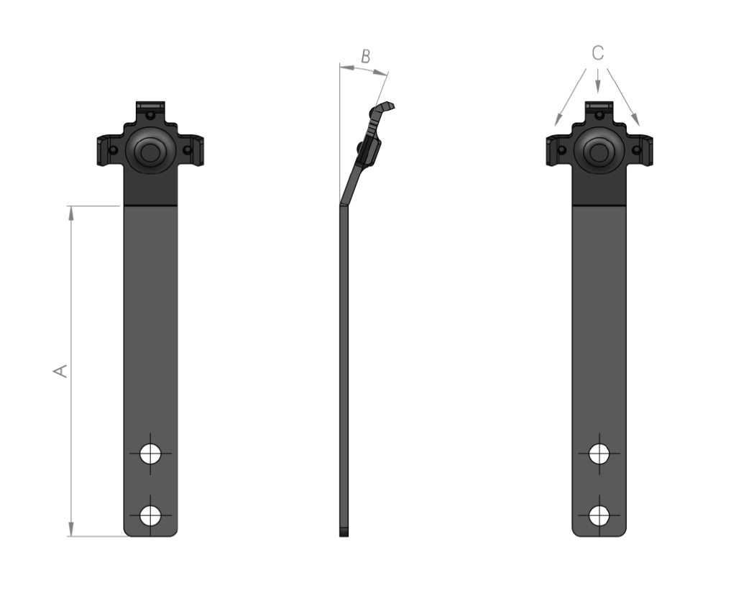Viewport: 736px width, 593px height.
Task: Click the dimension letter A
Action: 60,371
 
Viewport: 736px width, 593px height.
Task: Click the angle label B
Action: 366,56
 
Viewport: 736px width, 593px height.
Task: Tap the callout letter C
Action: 597,53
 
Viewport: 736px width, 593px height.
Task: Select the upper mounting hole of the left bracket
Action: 150,454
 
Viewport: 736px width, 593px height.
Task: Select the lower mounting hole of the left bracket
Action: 150,515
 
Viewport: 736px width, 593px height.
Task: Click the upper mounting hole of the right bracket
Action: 599,454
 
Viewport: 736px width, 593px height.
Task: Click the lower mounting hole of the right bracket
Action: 599,515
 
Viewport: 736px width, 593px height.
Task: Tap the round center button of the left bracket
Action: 150,151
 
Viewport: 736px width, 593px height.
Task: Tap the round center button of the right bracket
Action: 599,151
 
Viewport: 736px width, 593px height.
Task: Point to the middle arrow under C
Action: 597,81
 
